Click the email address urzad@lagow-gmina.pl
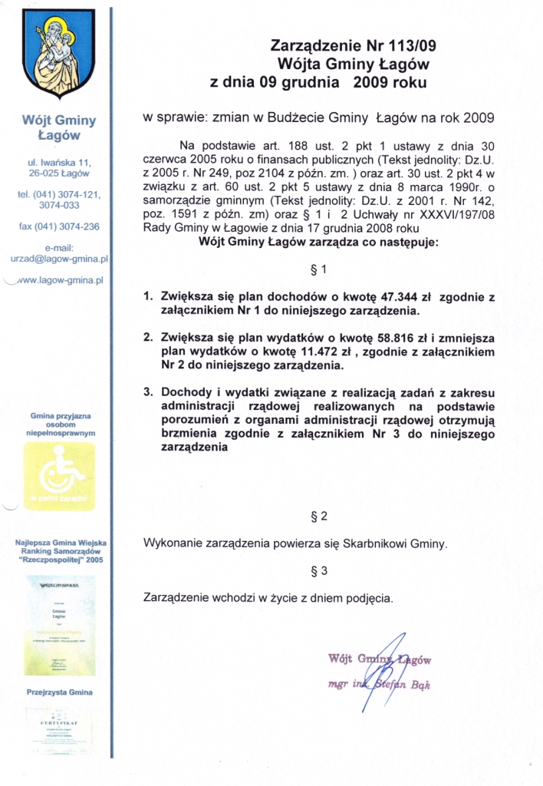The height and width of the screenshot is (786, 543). tap(58, 259)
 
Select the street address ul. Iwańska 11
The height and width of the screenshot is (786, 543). tap(58, 162)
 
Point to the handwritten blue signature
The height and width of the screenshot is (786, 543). tap(393, 662)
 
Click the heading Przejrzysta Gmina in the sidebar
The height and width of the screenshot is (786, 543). tap(59, 692)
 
